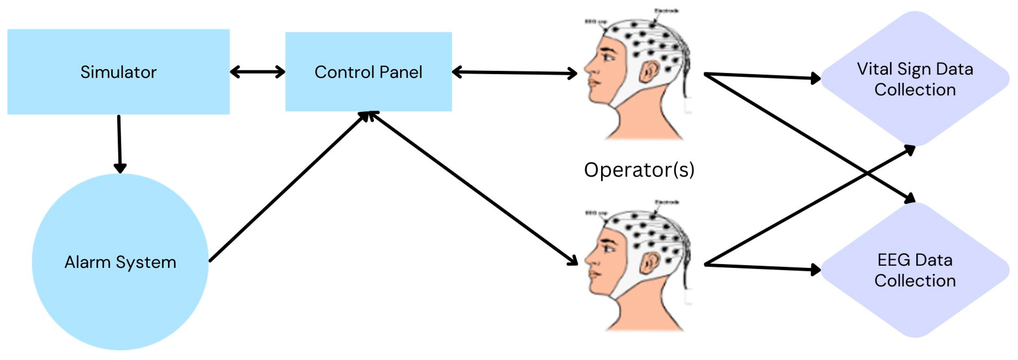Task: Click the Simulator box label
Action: (119, 72)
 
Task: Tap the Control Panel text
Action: (368, 72)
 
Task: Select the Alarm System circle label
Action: (120, 262)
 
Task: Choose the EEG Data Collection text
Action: (915, 270)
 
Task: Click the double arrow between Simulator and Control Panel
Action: (257, 72)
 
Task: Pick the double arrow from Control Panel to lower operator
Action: (472, 188)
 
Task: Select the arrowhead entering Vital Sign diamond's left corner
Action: (815, 78)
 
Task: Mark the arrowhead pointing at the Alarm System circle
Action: (120, 168)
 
